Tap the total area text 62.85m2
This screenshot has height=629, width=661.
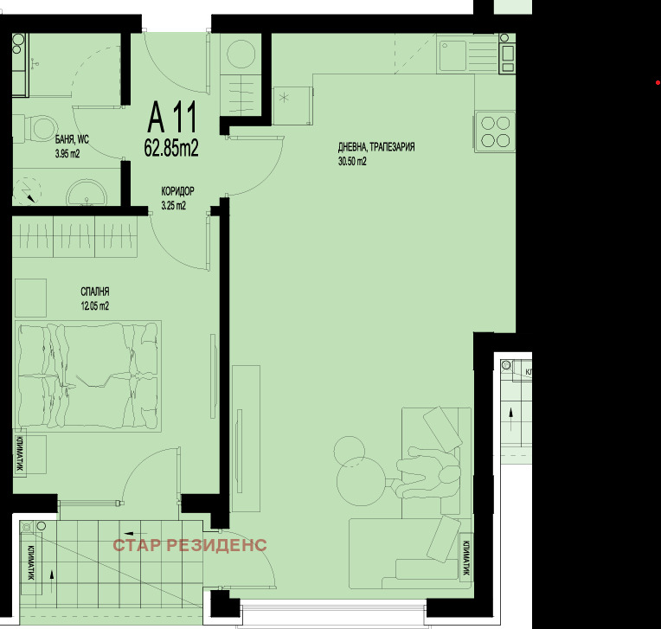171,148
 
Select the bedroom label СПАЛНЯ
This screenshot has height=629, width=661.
95,292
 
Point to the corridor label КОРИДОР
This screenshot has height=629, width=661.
177,191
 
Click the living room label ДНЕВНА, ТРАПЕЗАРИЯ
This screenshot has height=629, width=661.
376,147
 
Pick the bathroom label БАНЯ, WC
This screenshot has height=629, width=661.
72,139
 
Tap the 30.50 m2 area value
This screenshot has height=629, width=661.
352,161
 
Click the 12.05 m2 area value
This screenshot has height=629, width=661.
95,305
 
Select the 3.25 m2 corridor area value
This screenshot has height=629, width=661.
173,206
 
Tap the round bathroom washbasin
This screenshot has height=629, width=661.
87,193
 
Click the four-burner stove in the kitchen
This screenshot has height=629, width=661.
496,132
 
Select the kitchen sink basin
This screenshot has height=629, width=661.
452,55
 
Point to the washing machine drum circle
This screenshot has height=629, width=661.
241,54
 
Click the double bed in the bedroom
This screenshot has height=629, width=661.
88,376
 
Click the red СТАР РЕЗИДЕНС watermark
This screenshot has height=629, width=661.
189,545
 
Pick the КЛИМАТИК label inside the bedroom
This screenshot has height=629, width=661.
19,453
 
